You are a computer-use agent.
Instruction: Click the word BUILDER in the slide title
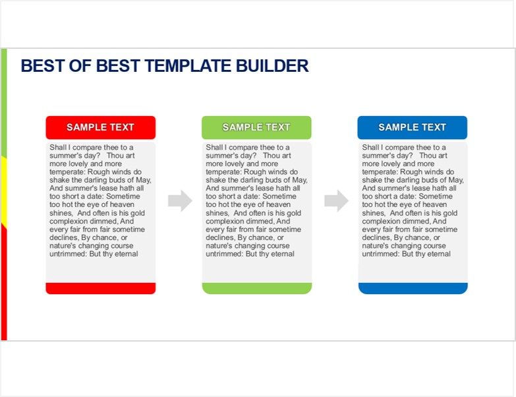pyautogui.click(x=272, y=66)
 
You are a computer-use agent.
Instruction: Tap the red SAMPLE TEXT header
pyautogui.click(x=100, y=127)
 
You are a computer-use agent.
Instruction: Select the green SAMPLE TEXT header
pyautogui.click(x=256, y=127)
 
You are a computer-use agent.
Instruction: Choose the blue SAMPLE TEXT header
pyautogui.click(x=413, y=127)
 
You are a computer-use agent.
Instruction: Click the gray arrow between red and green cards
pyautogui.click(x=180, y=200)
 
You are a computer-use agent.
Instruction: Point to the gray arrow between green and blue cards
pyautogui.click(x=336, y=200)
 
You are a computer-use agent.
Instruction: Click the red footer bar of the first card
pyautogui.click(x=101, y=288)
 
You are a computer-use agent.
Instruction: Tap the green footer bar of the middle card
pyautogui.click(x=257, y=288)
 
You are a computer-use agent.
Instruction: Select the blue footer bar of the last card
pyautogui.click(x=413, y=288)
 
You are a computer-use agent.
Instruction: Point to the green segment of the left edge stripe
pyautogui.click(x=4, y=103)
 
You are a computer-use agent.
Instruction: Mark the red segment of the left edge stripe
pyautogui.click(x=4, y=282)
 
